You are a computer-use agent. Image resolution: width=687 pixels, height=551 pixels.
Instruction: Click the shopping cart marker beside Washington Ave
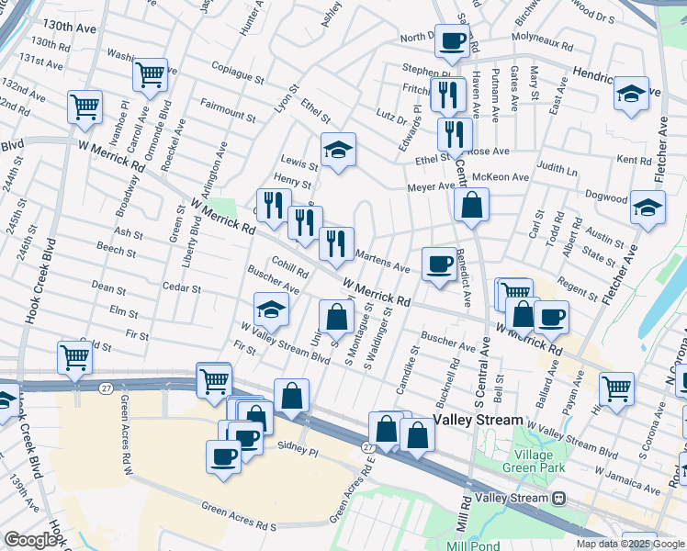click(150, 75)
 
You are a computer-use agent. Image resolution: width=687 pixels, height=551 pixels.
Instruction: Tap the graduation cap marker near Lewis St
click(338, 150)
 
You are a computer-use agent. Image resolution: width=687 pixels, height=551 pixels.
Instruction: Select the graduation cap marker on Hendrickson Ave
click(631, 94)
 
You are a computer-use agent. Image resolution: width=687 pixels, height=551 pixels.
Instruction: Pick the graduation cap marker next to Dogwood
click(648, 208)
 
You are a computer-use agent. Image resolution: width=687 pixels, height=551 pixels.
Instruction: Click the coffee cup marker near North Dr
click(452, 40)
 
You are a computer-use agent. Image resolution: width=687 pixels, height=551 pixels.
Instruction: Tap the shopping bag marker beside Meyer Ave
click(471, 206)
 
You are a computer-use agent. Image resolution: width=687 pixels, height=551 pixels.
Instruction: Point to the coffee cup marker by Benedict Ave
click(439, 264)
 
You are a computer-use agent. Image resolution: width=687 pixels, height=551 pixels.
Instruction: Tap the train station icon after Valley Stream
click(559, 498)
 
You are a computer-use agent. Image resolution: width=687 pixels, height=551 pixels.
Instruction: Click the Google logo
click(30, 540)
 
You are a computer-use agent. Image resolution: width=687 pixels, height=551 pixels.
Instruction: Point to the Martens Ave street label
click(381, 262)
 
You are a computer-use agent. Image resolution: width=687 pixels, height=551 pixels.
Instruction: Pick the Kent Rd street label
click(634, 160)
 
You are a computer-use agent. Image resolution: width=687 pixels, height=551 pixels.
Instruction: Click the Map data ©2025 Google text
click(629, 544)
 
